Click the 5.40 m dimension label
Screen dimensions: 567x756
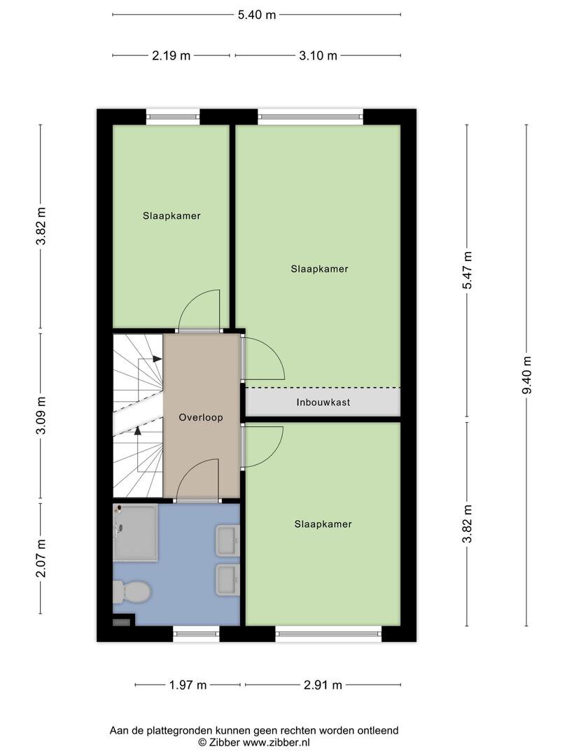point(256,15)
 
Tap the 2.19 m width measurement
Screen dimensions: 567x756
point(171,56)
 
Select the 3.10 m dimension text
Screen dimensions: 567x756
point(318,56)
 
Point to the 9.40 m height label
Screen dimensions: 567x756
point(526,375)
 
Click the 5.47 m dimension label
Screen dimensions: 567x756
point(467,270)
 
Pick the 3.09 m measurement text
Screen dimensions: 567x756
point(41,416)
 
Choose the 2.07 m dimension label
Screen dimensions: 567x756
point(41,558)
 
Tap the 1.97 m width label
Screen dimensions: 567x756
point(188,685)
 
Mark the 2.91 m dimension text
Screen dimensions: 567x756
point(323,685)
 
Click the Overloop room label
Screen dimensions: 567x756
point(201,417)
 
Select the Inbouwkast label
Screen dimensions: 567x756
point(323,402)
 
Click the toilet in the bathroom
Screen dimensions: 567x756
point(132,591)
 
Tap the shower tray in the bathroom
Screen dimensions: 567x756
point(135,533)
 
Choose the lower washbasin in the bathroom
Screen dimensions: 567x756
point(227,579)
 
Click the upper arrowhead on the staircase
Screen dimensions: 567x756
point(157,358)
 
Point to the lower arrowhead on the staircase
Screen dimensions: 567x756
point(138,430)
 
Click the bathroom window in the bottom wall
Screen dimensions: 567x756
point(196,634)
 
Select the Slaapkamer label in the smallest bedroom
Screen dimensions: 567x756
point(171,216)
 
